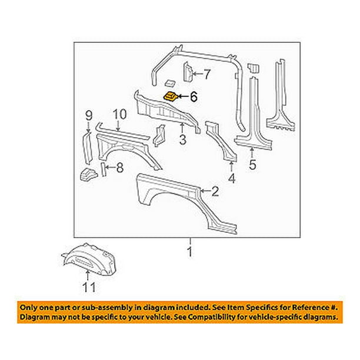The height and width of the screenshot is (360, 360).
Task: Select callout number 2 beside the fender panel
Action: click(215, 190)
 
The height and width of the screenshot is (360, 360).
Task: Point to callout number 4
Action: click(232, 177)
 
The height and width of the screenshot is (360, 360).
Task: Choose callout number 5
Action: click(253, 165)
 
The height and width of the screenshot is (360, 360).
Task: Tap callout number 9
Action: click(89, 114)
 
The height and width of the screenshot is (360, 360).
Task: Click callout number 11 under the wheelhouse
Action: click(88, 288)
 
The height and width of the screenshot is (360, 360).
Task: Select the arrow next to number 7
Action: click(195, 74)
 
